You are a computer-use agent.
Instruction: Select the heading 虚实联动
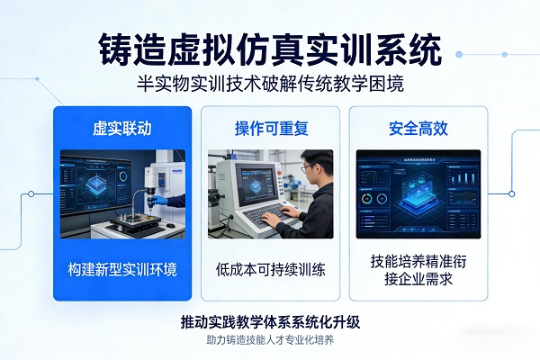pyautogui.click(x=122, y=128)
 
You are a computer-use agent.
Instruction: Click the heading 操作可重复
pyautogui.click(x=270, y=128)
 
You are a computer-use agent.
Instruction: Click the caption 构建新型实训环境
pyautogui.click(x=122, y=269)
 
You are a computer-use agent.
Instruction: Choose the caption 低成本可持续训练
pyautogui.click(x=270, y=269)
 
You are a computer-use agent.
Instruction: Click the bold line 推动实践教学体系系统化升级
pyautogui.click(x=270, y=321)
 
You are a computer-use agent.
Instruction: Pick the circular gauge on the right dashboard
pyautogui.click(x=369, y=198)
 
